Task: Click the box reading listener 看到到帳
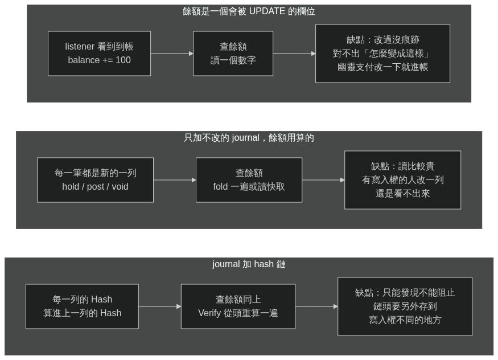tap(99, 54)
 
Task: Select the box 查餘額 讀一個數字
tap(233, 54)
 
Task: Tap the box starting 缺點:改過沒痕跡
tap(382, 54)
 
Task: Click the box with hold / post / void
tap(95, 180)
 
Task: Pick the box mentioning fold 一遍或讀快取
tap(249, 180)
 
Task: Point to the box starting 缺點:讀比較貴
tap(403, 180)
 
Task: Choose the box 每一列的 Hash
tap(83, 306)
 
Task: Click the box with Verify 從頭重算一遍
tap(238, 306)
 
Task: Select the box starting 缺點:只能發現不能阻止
tap(405, 306)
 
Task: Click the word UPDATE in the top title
tap(267, 11)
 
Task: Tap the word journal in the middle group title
tap(245, 138)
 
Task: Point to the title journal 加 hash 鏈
tap(249, 264)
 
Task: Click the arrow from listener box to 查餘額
tap(172, 54)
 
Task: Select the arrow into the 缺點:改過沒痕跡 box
tap(294, 54)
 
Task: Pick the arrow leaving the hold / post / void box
tap(175, 180)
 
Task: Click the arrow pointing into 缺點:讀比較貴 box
tap(323, 180)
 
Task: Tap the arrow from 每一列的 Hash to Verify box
tap(160, 306)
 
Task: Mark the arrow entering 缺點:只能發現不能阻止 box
tap(316, 306)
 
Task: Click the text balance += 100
tap(100, 60)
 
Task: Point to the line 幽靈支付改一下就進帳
tap(382, 67)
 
